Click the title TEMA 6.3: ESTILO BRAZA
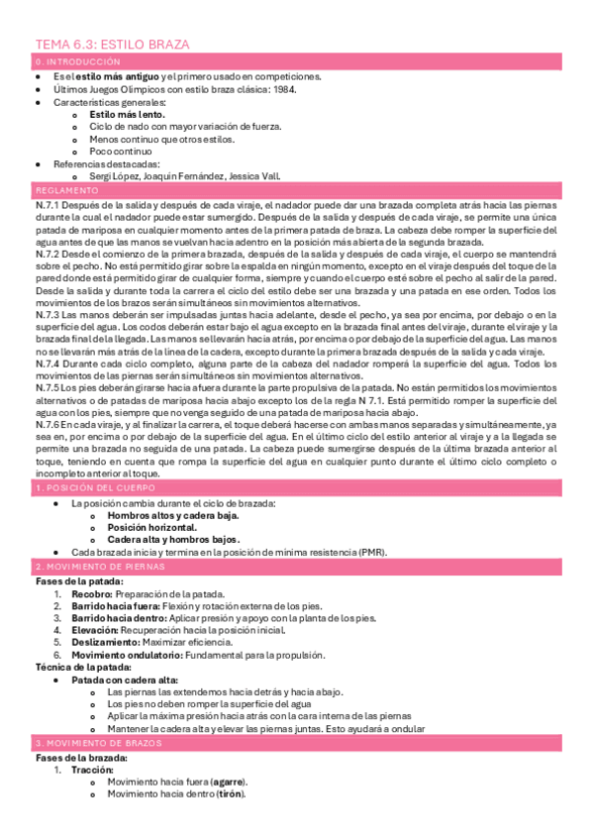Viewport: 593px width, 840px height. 113,45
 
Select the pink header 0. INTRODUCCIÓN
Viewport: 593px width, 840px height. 70,61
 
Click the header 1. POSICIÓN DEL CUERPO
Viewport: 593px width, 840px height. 95,488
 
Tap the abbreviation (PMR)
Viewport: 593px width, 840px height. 372,552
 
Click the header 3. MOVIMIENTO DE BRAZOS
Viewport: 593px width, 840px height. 98,743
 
